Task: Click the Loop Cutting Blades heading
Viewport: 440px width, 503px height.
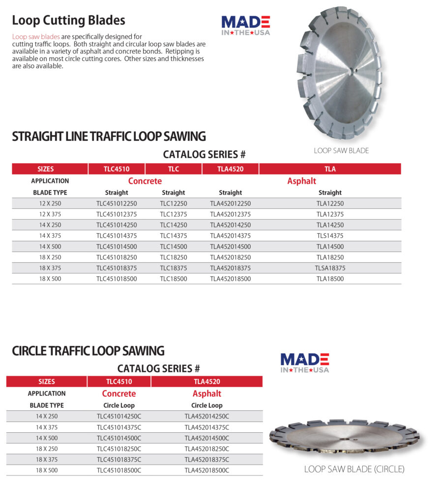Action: coord(68,20)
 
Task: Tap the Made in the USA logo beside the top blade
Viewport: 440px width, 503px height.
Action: coord(246,25)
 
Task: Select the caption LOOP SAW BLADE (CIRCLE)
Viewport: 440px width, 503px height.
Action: coord(354,469)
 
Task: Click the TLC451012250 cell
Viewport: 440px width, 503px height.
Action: coord(117,203)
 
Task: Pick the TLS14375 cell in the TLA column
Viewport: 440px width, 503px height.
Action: coord(330,236)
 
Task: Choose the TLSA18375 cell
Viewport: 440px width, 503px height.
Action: coord(330,268)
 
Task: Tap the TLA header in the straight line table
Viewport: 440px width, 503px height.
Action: coord(330,169)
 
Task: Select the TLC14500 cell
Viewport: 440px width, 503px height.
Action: coord(174,247)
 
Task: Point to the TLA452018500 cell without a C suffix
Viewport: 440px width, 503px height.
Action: coord(230,279)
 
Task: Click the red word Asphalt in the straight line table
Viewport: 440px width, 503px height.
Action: coord(301,181)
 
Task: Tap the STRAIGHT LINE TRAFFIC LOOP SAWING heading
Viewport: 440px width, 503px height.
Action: coord(109,136)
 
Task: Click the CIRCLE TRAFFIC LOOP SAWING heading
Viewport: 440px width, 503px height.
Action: coord(88,351)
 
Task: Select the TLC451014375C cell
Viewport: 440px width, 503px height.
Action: coord(119,427)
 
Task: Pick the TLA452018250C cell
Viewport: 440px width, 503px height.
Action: coord(207,449)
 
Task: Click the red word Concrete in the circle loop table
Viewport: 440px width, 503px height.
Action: coord(119,393)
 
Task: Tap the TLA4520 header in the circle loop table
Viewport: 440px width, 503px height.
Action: coord(207,382)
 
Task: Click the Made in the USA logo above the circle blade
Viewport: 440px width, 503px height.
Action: coord(304,363)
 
